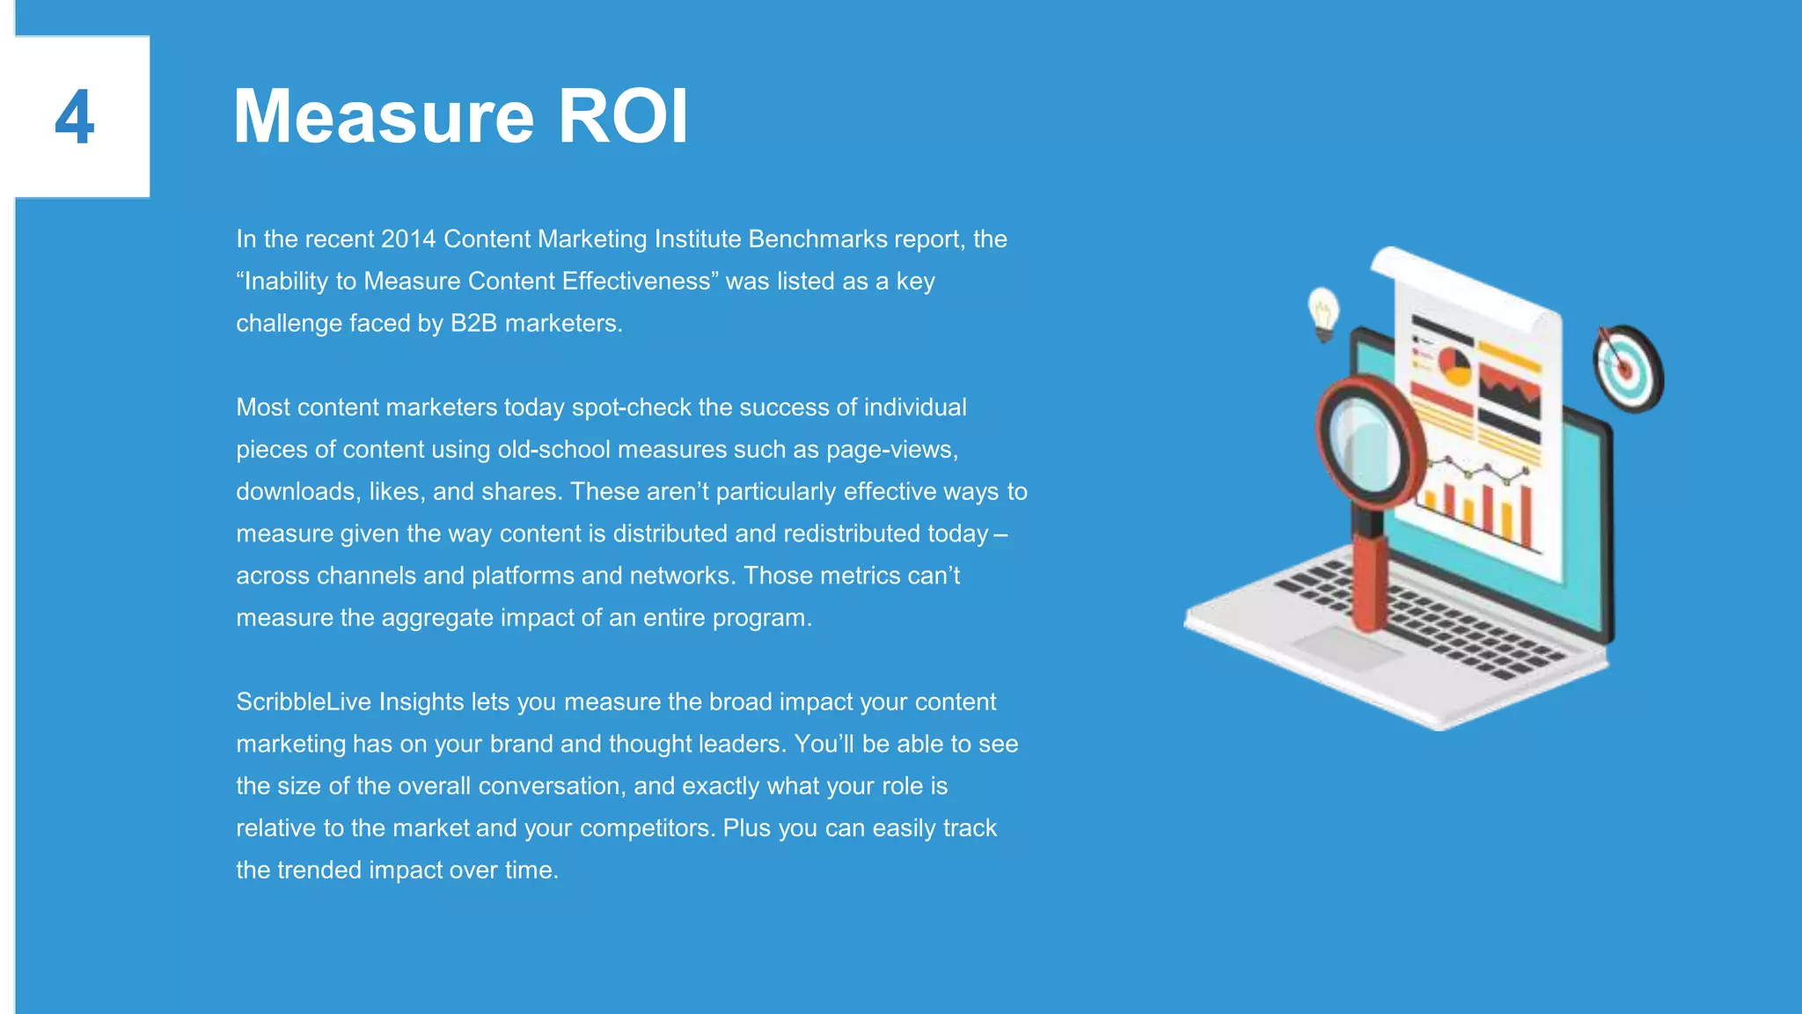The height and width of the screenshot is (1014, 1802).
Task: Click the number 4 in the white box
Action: (x=75, y=117)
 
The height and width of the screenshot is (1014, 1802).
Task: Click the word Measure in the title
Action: (x=384, y=117)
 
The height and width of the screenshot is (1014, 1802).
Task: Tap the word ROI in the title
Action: (x=623, y=117)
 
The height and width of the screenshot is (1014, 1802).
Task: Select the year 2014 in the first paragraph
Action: (x=408, y=239)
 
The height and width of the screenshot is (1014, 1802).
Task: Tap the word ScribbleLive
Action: (x=304, y=702)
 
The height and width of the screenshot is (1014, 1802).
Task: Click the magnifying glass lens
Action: (x=1365, y=440)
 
